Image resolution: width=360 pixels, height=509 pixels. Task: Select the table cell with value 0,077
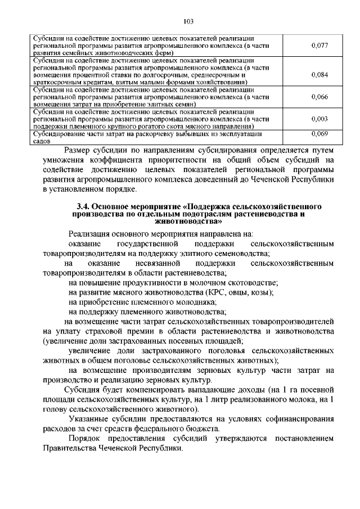[319, 44]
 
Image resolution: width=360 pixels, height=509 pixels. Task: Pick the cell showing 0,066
[319, 97]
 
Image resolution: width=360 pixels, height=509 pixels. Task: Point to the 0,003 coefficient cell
[319, 119]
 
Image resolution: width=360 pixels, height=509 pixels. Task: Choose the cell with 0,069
[319, 134]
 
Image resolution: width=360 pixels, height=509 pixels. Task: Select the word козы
[261, 292]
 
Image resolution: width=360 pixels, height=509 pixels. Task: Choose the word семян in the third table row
[182, 104]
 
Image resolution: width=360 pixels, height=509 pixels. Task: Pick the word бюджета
[202, 429]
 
